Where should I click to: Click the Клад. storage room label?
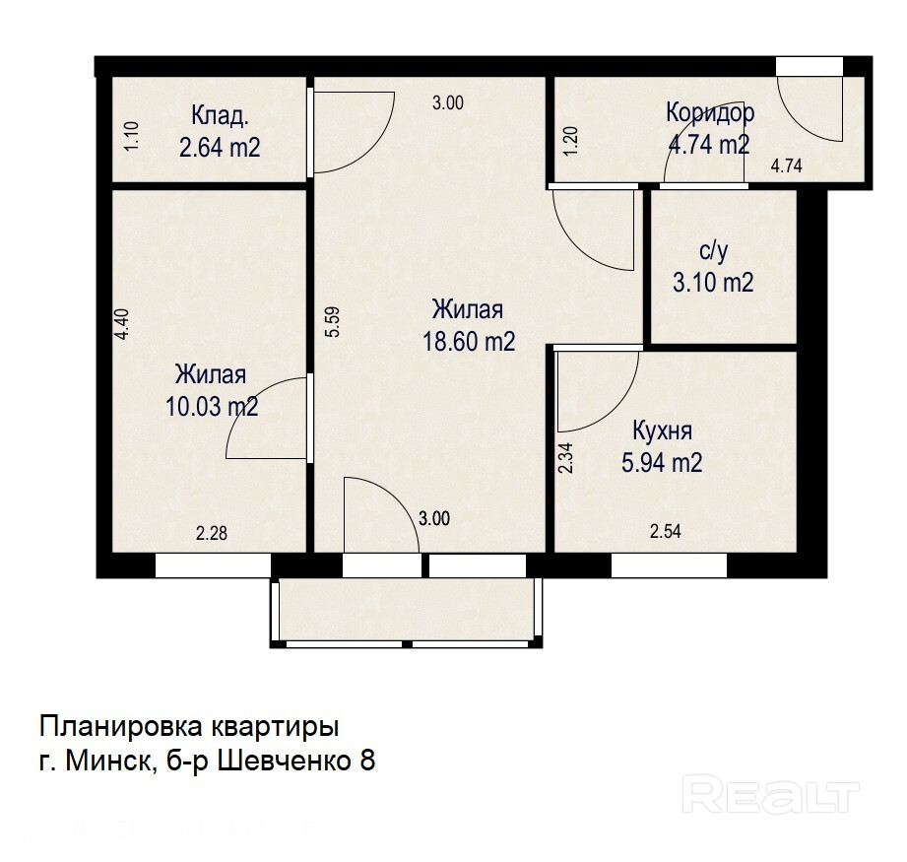point(221,115)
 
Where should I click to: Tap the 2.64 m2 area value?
point(220,148)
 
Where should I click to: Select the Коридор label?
point(710,112)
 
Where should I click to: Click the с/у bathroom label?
point(713,251)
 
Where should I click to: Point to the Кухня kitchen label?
point(663,431)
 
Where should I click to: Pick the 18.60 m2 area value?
point(469,341)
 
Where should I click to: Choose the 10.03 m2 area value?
point(212,407)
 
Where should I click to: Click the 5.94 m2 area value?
point(662,463)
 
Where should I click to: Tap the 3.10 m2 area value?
point(713,283)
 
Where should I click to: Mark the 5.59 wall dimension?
point(333,322)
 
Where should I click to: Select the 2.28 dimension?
point(212,533)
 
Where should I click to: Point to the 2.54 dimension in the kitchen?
point(665,531)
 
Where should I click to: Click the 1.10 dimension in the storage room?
point(133,136)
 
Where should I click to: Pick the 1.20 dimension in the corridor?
point(570,141)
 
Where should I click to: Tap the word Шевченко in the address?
point(286,761)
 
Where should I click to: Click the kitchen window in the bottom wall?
point(670,565)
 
